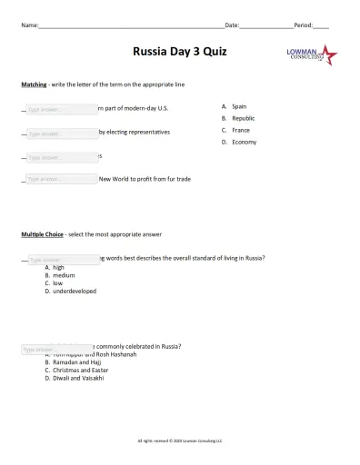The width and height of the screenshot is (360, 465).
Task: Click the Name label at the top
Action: click(x=30, y=25)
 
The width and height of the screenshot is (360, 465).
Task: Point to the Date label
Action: click(x=232, y=25)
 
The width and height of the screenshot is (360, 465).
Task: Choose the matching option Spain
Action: click(x=239, y=106)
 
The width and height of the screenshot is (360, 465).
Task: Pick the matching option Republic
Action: click(x=243, y=118)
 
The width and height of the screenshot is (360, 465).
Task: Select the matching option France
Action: click(x=240, y=130)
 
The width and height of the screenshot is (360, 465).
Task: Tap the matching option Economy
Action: click(x=244, y=142)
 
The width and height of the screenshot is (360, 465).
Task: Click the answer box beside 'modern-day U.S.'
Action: click(x=60, y=109)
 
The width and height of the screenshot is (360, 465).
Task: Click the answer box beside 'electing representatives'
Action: click(x=60, y=133)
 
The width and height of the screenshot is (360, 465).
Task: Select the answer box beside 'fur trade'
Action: click(x=60, y=179)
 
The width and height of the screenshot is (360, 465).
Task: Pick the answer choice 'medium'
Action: click(x=64, y=275)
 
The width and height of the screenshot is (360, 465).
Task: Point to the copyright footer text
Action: click(x=179, y=440)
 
